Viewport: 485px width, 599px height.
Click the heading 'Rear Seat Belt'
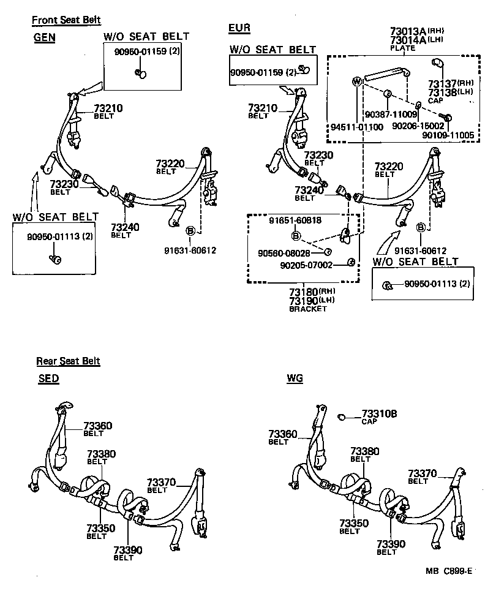pyautogui.click(x=68, y=361)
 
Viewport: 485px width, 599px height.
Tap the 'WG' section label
pyautogui.click(x=295, y=379)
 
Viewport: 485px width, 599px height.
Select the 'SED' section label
pyautogui.click(x=48, y=379)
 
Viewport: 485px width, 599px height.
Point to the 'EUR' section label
pyautogui.click(x=239, y=28)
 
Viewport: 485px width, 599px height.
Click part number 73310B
pyautogui.click(x=379, y=413)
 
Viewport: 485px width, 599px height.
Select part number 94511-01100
pyautogui.click(x=357, y=127)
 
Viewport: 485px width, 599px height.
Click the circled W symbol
pyautogui.click(x=356, y=81)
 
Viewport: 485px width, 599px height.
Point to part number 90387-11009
pyautogui.click(x=390, y=114)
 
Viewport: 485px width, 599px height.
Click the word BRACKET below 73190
pyautogui.click(x=307, y=309)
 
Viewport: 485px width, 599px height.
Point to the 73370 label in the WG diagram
pyautogui.click(x=423, y=473)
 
